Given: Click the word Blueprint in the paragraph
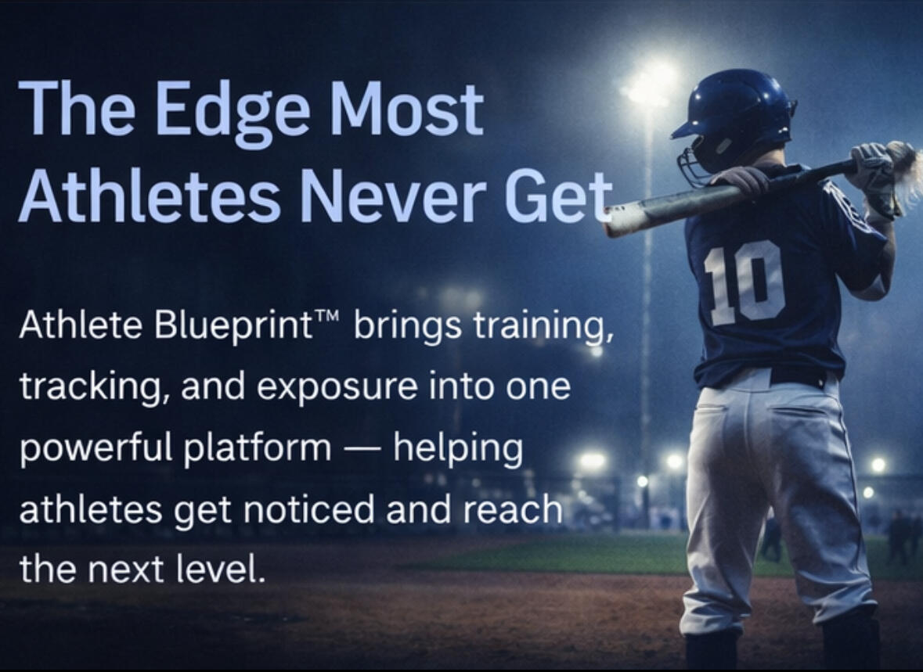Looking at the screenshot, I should (234, 325).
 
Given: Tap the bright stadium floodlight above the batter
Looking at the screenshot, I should (649, 84).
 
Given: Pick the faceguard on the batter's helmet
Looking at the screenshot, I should (693, 168).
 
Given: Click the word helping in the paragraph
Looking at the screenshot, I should (457, 449).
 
